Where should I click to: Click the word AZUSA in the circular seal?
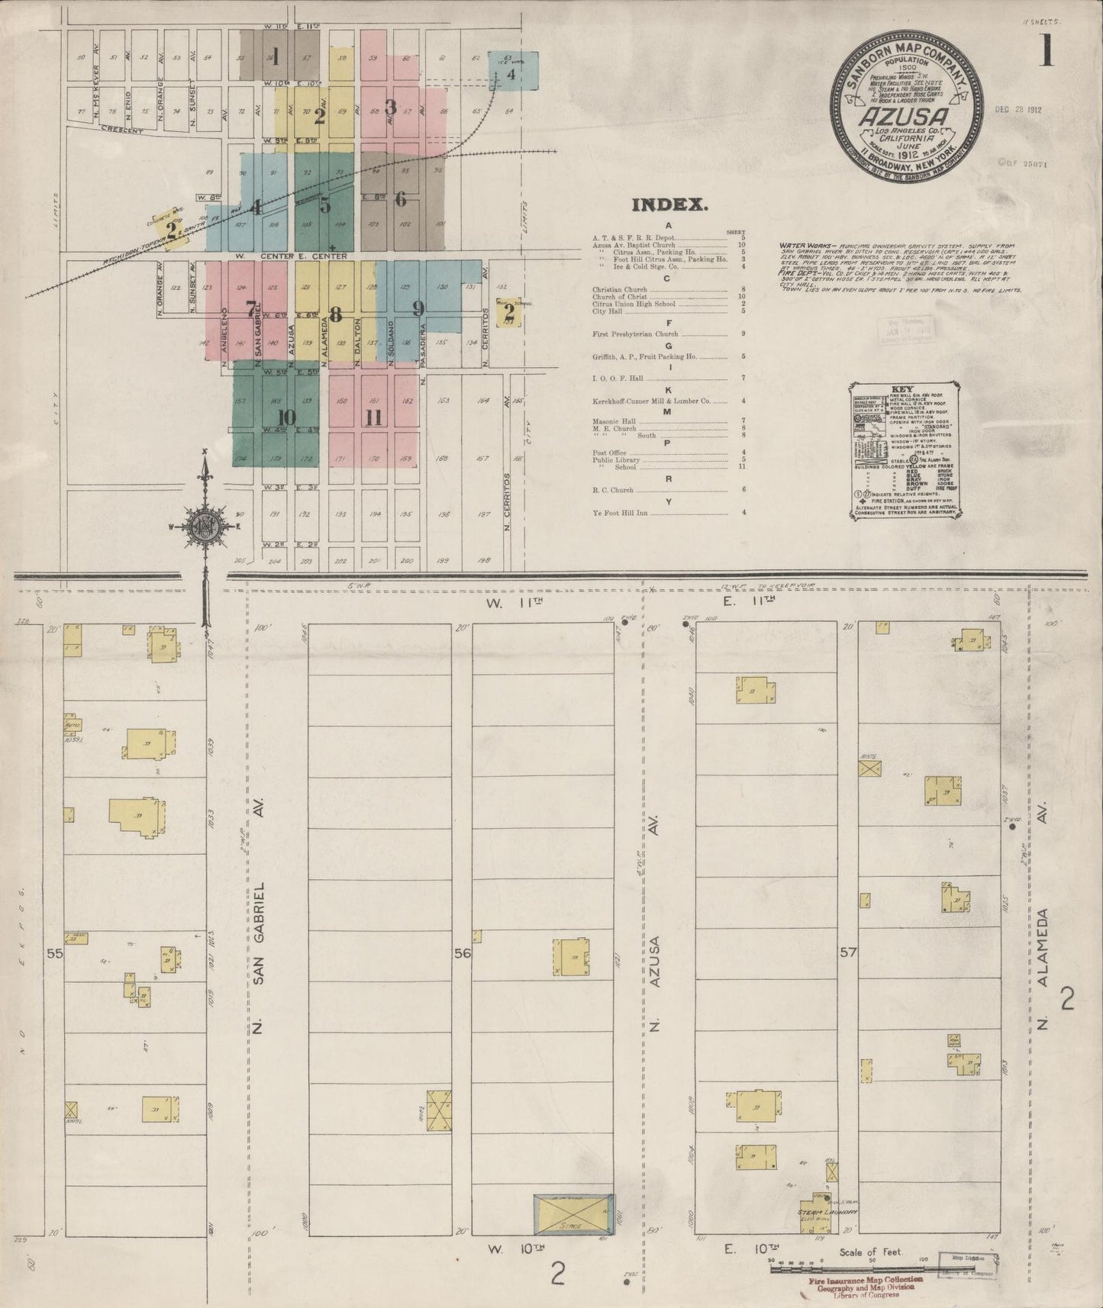905,116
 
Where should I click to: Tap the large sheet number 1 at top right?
1044,52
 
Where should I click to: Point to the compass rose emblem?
205,527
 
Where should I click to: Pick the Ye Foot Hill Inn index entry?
620,513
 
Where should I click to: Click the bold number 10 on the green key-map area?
286,417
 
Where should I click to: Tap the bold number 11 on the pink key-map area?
373,417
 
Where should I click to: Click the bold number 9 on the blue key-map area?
418,309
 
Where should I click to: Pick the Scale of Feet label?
870,1253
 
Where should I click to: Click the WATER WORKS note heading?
798,246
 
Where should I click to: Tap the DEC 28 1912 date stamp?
1018,109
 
